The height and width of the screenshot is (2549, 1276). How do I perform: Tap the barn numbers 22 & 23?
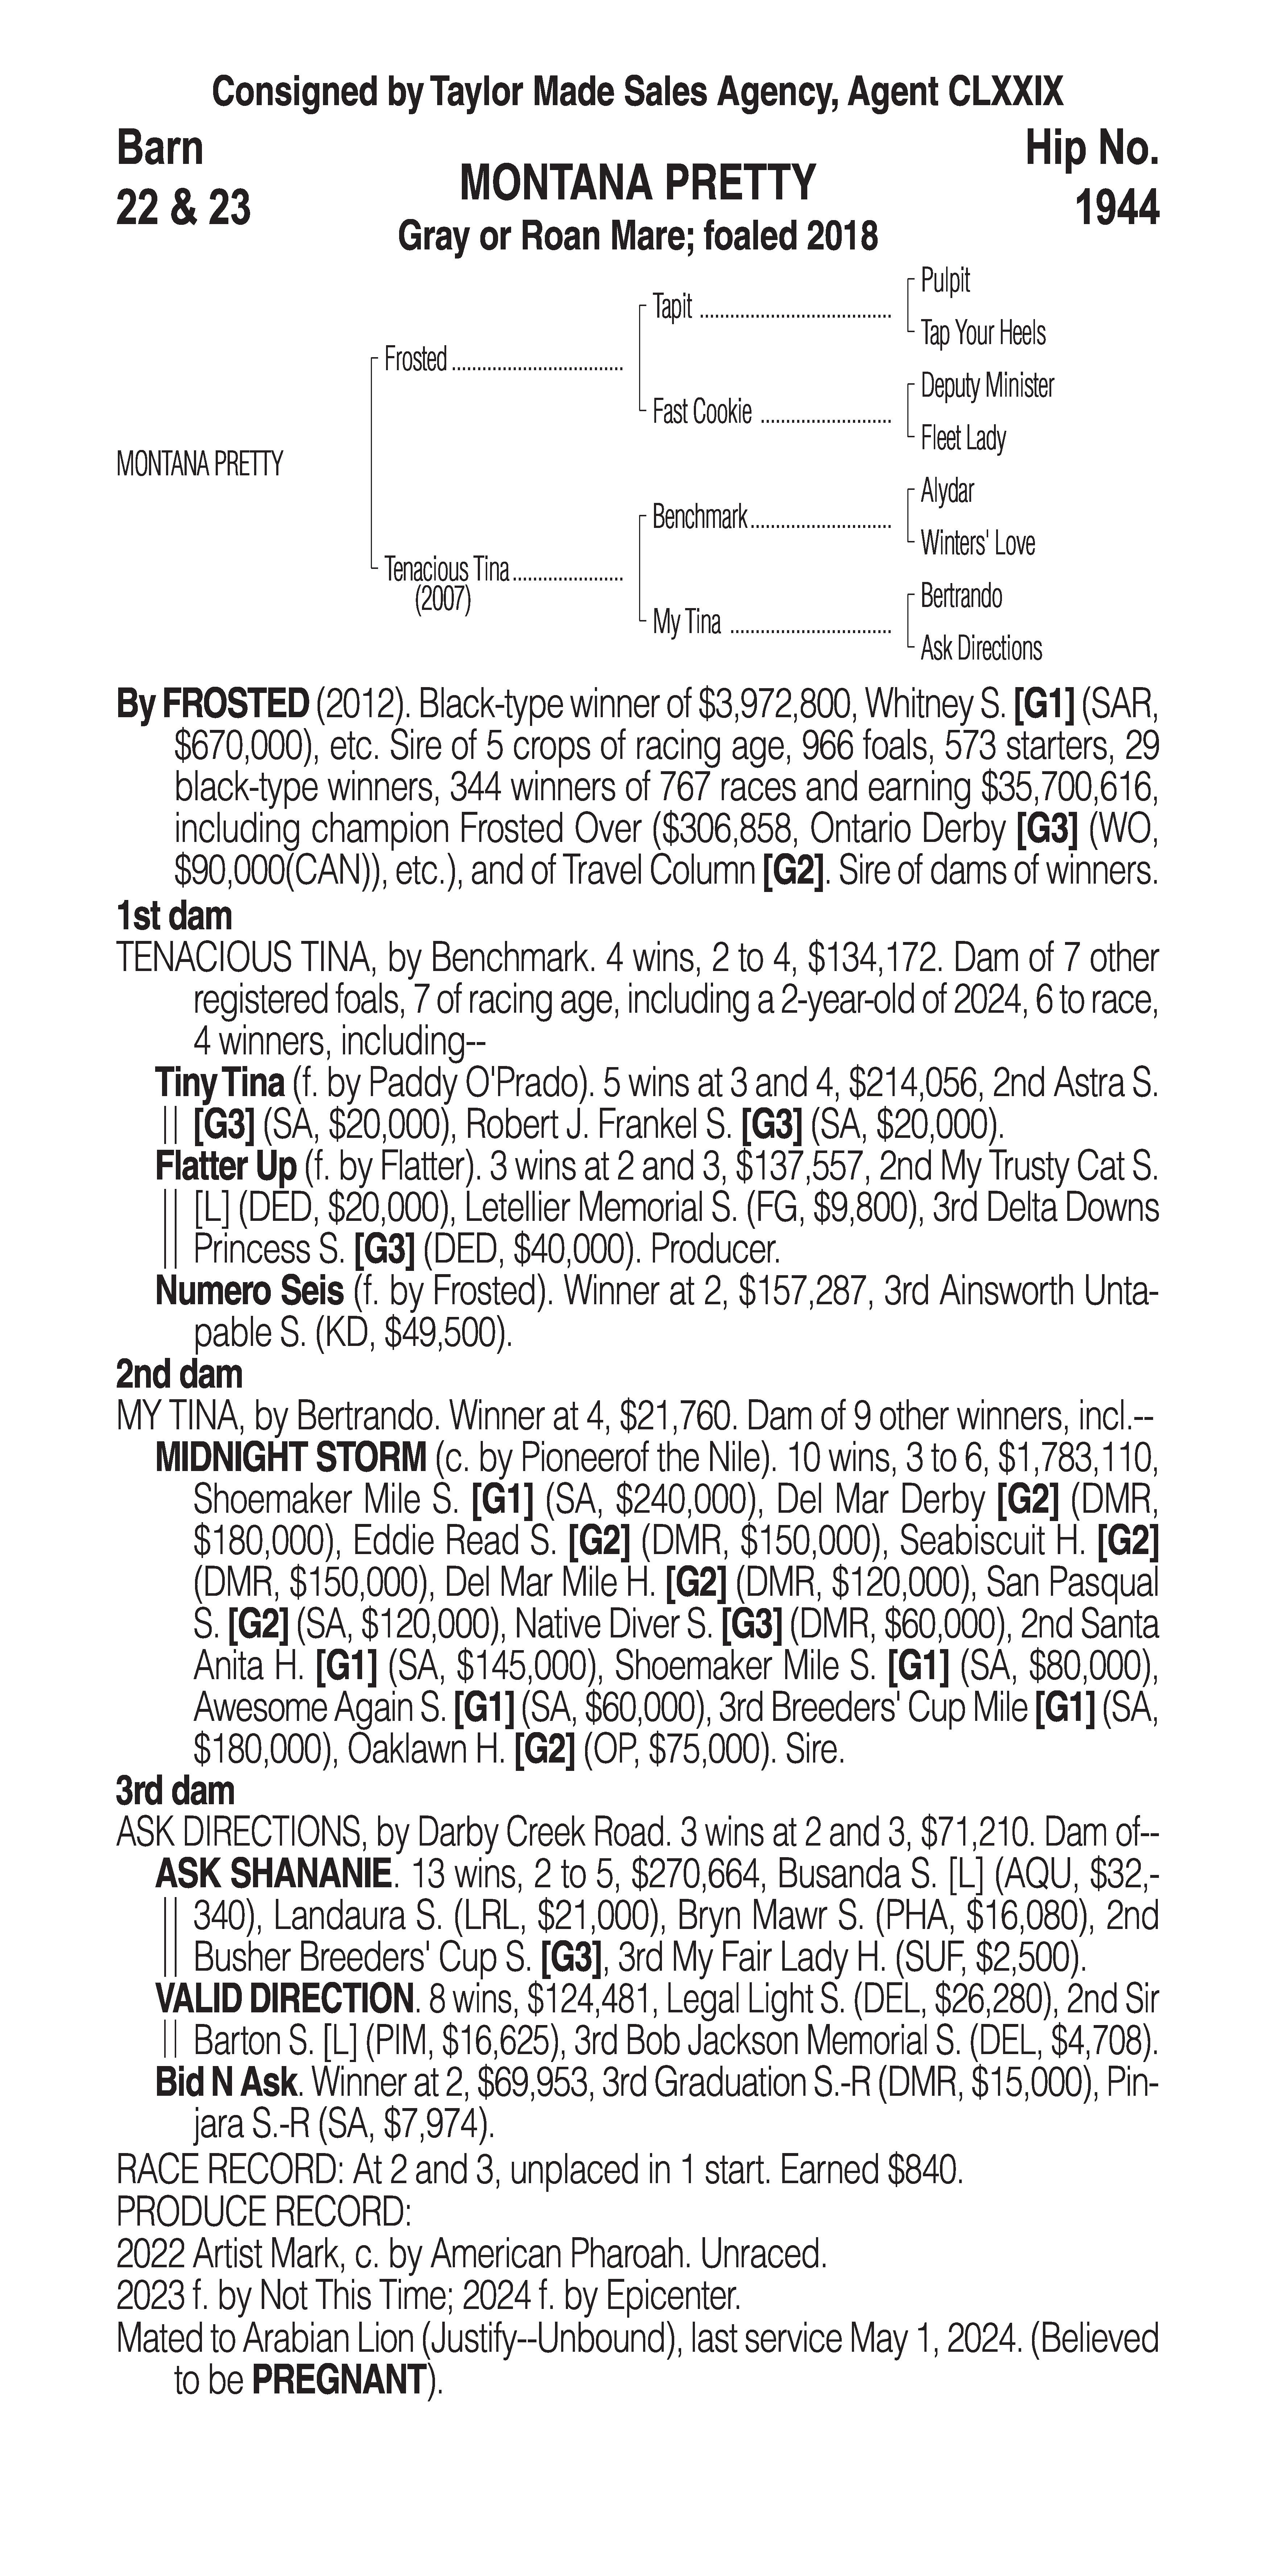(x=183, y=208)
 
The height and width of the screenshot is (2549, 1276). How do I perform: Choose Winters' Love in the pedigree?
(x=977, y=543)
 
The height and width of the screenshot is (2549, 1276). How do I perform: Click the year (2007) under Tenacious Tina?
(x=442, y=601)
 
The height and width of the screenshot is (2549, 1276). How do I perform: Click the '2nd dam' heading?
(x=179, y=1375)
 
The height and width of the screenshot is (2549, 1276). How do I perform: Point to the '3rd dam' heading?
(x=176, y=1790)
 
